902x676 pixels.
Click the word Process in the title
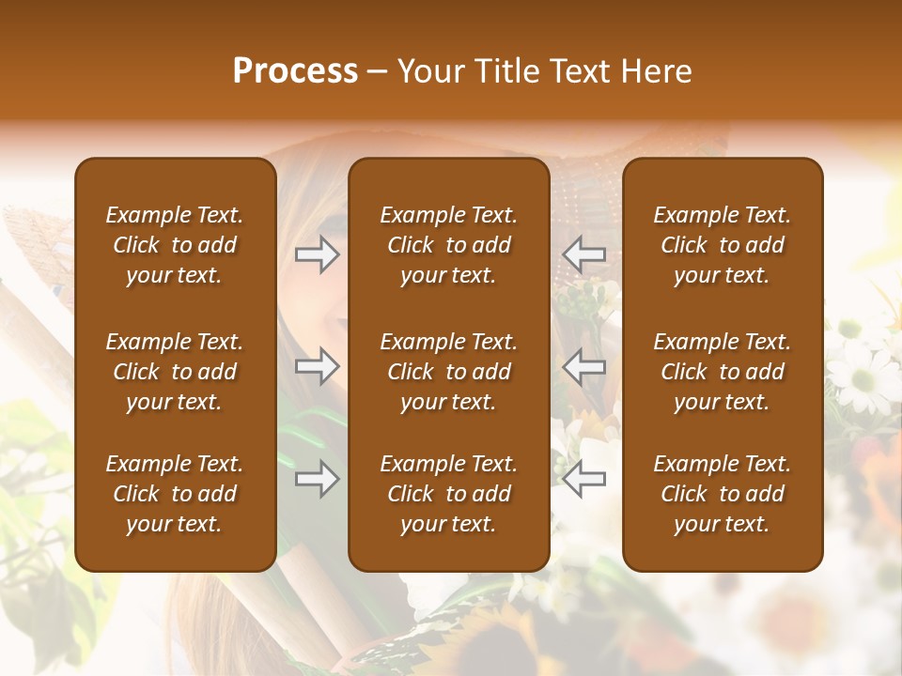[x=295, y=71]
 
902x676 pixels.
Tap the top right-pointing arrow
[x=317, y=254]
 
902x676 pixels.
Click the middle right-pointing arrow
[x=317, y=366]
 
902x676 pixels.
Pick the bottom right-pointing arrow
[x=317, y=479]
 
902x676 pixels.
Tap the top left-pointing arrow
[x=584, y=254]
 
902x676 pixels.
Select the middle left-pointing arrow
[x=584, y=366]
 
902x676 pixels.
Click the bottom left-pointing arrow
[x=584, y=479]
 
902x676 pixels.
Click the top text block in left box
[x=175, y=245]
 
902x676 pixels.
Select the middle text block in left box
[x=175, y=372]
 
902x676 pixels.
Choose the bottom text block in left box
[x=175, y=494]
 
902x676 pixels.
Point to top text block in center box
[x=448, y=245]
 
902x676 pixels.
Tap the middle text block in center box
[x=448, y=372]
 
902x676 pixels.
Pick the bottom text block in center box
[x=448, y=494]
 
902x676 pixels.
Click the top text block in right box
[x=722, y=245]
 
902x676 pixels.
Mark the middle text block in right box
[x=722, y=372]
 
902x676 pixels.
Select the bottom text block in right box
[x=722, y=494]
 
